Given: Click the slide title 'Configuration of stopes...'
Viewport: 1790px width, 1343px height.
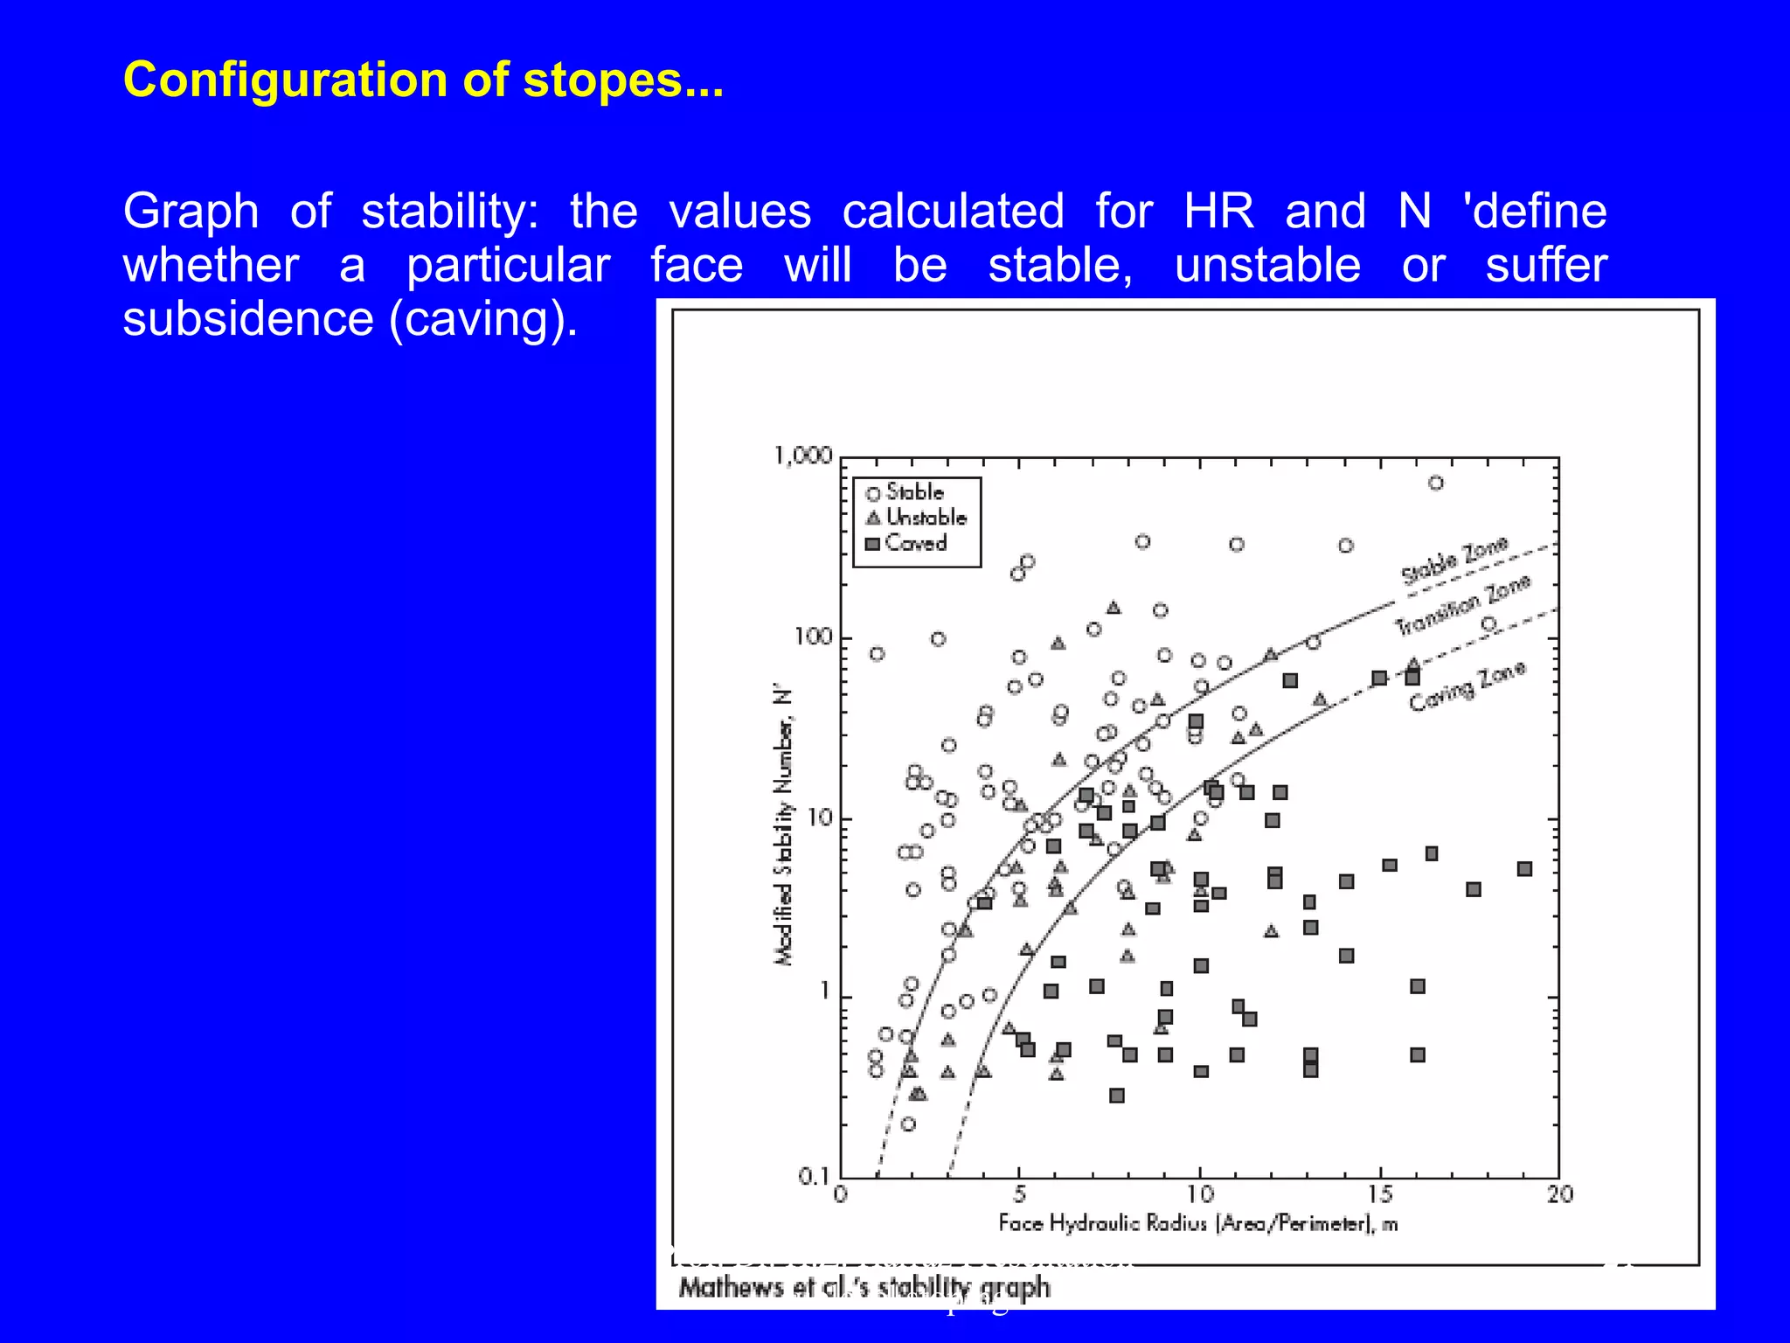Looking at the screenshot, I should click(x=423, y=80).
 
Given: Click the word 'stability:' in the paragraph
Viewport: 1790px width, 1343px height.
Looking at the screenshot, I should click(x=450, y=212).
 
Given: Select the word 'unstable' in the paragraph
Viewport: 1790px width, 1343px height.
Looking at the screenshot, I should click(x=1266, y=265).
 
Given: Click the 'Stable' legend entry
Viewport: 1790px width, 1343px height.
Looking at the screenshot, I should click(x=913, y=492).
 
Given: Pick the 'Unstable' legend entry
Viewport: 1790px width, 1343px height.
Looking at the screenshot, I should click(x=925, y=518).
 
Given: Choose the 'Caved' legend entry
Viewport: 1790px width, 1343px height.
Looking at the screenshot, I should click(x=915, y=543).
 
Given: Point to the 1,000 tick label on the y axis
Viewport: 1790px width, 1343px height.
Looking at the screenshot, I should click(x=802, y=456).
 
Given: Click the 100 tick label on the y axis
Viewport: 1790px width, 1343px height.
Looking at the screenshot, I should click(x=813, y=637).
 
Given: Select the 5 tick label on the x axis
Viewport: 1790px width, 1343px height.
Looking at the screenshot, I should click(x=1020, y=1194).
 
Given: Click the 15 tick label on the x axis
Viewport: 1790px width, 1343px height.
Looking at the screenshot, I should click(x=1380, y=1194).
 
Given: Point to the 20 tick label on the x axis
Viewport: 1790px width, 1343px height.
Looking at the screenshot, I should click(x=1560, y=1194).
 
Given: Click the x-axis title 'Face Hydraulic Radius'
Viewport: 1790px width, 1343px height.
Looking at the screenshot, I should click(x=1197, y=1223).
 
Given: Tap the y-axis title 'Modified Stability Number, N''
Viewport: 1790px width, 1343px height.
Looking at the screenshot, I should click(x=784, y=826).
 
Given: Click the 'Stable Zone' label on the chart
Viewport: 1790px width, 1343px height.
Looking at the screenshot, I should click(x=1454, y=560).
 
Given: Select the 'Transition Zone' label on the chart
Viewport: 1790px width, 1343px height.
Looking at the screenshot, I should click(x=1462, y=606).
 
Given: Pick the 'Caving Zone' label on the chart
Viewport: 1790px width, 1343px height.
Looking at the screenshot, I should click(x=1467, y=686).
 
